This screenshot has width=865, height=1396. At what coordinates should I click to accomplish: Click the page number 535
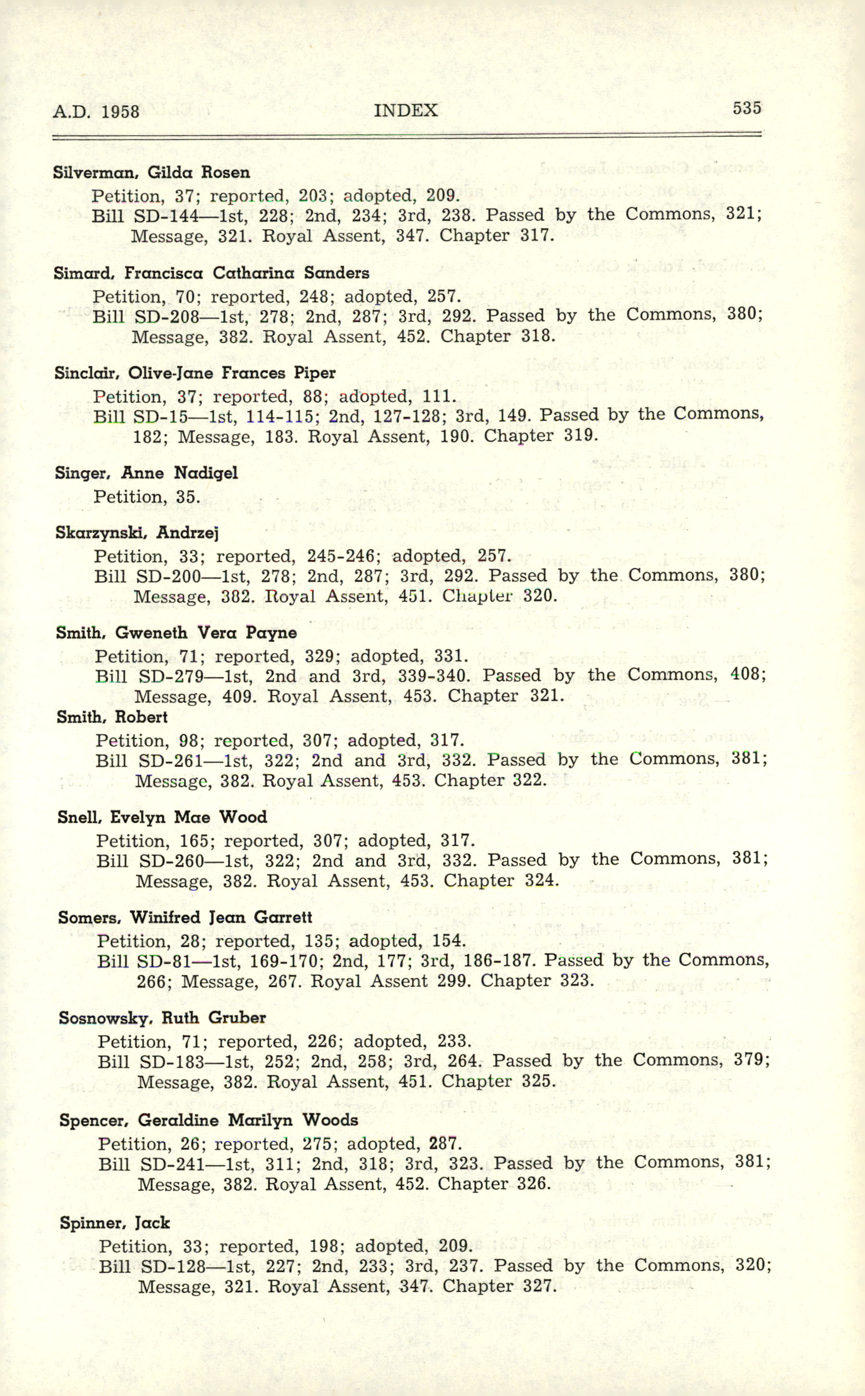pos(747,107)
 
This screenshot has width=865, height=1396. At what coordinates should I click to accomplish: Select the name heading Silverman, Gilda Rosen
pos(151,172)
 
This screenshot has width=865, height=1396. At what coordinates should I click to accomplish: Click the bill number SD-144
pos(166,215)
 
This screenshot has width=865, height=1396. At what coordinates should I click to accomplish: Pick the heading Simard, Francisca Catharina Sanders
pos(211,273)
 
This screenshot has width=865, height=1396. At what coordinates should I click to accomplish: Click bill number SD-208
pos(166,316)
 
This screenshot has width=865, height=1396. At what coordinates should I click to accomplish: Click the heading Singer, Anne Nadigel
pos(146,473)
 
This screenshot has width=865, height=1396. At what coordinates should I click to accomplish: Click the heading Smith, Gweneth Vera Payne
pos(176,633)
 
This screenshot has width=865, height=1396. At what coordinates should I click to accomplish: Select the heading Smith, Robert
pos(112,717)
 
